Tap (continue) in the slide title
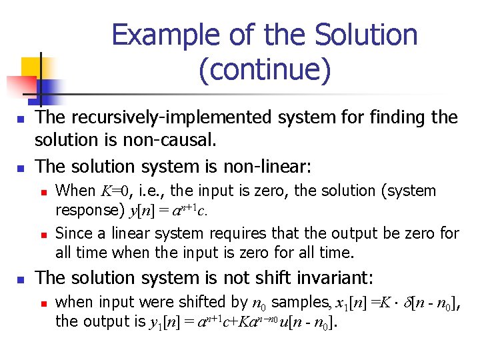tap(264, 70)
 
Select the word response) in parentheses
tap(89, 210)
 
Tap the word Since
tap(74, 233)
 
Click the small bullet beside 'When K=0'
tap(44, 192)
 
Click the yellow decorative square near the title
tap(32, 67)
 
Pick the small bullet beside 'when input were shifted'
tap(44, 303)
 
